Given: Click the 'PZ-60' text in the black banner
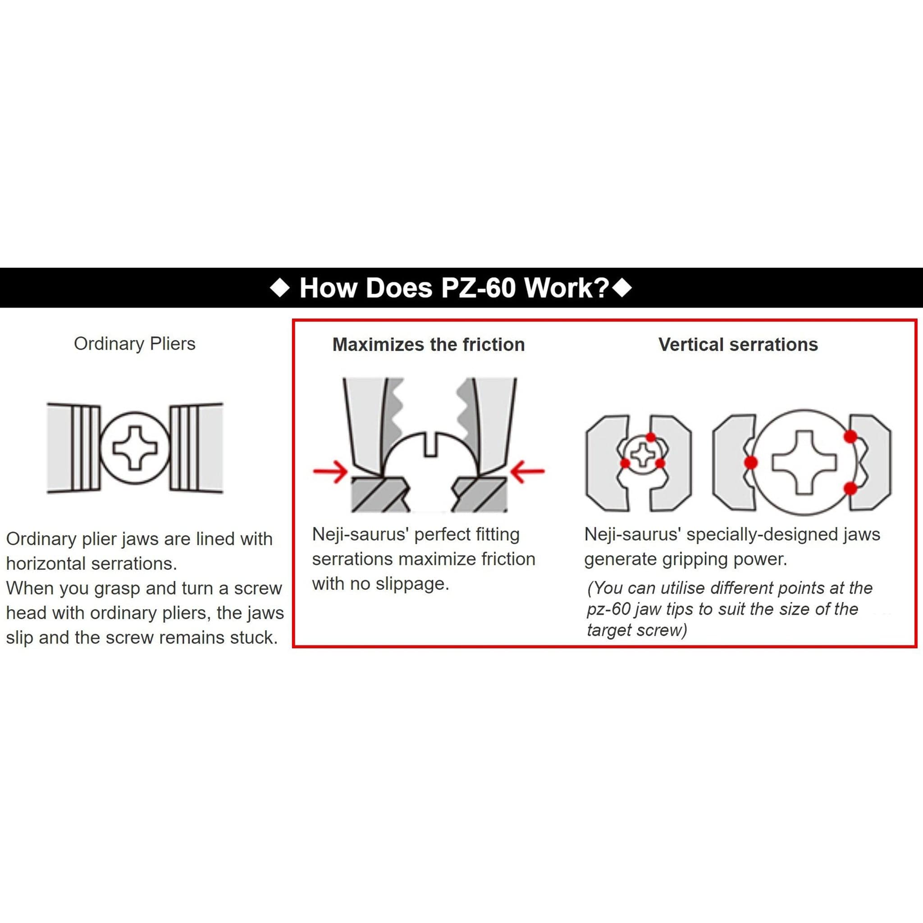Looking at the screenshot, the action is pos(478,288).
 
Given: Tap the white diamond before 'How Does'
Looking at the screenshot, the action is pos(280,288).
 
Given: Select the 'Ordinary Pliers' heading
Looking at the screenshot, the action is pos(135,344).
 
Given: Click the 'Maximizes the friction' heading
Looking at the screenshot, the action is pos(429,344).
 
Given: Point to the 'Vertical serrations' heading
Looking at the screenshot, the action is pos(738,344).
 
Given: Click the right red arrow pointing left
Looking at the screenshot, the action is pos(527,471).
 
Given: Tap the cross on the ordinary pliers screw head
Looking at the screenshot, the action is pos(135,448).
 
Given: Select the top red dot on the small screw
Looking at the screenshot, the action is pos(651,437).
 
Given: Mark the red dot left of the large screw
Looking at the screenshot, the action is pos(750,462).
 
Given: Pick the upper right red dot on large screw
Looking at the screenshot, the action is pos(850,436).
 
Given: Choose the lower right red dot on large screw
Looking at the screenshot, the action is pos(850,488).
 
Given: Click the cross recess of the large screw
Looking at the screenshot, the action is pos(804,462).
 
